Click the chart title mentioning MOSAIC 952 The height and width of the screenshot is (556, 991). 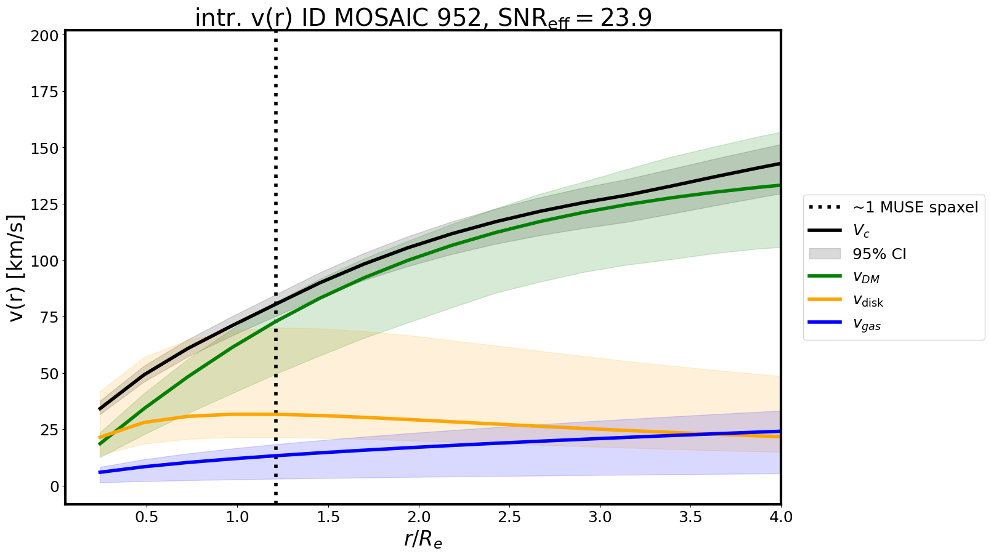click(423, 18)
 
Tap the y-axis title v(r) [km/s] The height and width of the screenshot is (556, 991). click(18, 268)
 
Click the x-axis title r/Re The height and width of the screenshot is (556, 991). click(423, 539)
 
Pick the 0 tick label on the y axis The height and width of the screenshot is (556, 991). click(55, 486)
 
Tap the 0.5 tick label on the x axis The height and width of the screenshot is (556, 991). click(147, 517)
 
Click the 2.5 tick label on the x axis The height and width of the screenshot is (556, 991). click(509, 517)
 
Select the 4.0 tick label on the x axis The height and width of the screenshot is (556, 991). click(781, 517)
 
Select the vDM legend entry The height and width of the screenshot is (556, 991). click(866, 278)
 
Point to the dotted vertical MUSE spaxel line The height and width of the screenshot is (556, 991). click(275, 185)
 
